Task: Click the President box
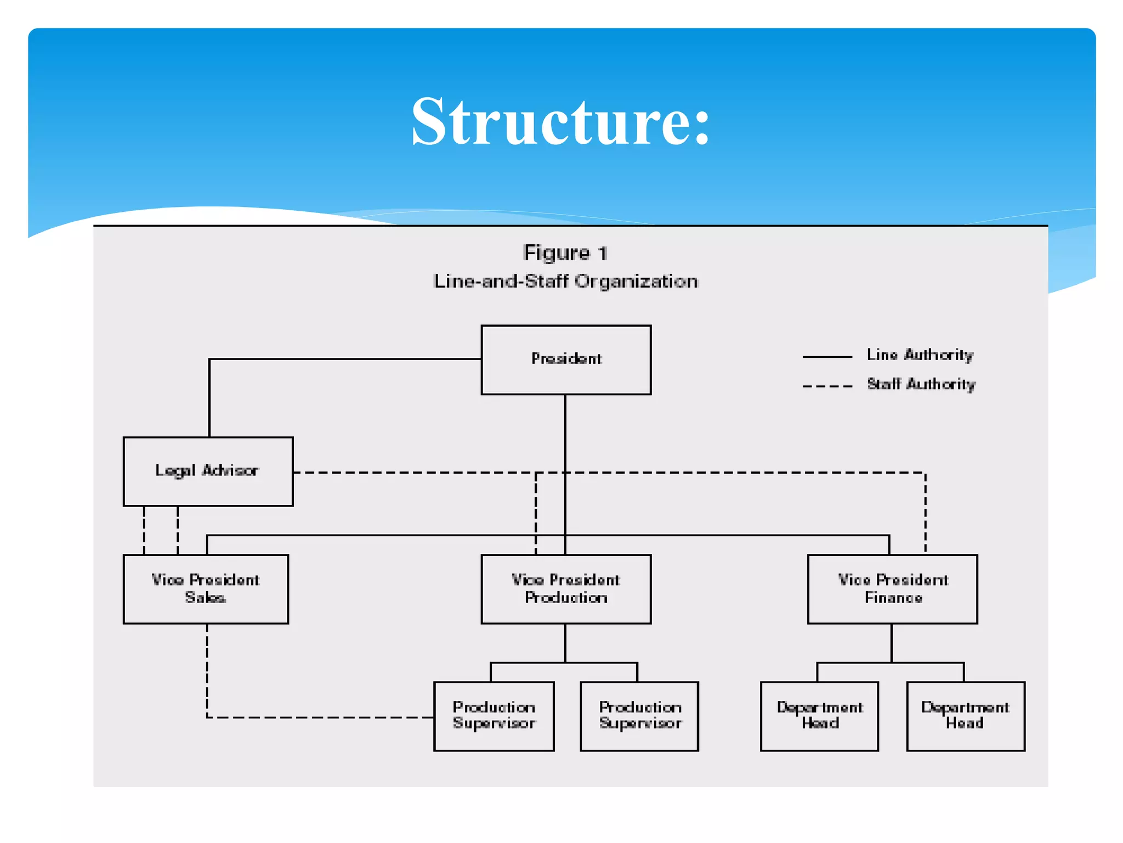[x=566, y=359]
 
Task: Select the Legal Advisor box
[x=208, y=471]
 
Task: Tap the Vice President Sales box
[x=206, y=589]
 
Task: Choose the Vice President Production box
[x=566, y=589]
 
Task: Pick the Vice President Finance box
[x=892, y=589]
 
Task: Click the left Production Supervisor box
[x=494, y=716]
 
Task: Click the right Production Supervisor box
[x=639, y=716]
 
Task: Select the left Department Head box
[x=819, y=716]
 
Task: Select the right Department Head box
[x=966, y=716]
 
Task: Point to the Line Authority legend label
[x=920, y=355]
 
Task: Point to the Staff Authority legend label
[x=921, y=384]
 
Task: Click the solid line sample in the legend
[x=827, y=357]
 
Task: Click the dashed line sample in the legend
[x=827, y=386]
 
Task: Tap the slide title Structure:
[x=560, y=121]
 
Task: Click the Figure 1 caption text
[x=565, y=253]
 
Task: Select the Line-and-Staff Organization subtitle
[x=565, y=282]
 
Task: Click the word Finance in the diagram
[x=893, y=598]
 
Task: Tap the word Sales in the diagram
[x=205, y=598]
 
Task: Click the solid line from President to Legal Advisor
[x=340, y=359]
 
